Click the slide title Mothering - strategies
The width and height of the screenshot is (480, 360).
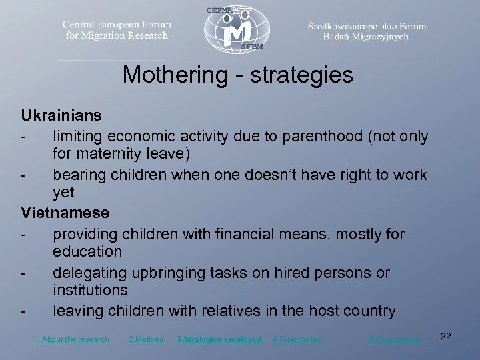[237, 75]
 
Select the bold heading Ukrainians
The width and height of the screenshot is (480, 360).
[61, 115]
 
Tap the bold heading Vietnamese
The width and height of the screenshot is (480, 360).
[65, 213]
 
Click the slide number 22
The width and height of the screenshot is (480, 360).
[446, 336]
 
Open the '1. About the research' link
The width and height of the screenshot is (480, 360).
[71, 339]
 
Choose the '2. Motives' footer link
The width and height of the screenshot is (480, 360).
[146, 339]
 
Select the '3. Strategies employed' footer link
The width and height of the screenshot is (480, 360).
[219, 339]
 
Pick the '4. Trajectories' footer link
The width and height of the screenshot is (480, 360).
[297, 339]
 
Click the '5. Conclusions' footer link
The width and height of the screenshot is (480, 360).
[394, 339]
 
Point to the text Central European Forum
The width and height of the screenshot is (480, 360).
[117, 25]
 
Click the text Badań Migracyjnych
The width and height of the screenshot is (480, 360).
[366, 37]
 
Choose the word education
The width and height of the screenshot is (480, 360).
[87, 252]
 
